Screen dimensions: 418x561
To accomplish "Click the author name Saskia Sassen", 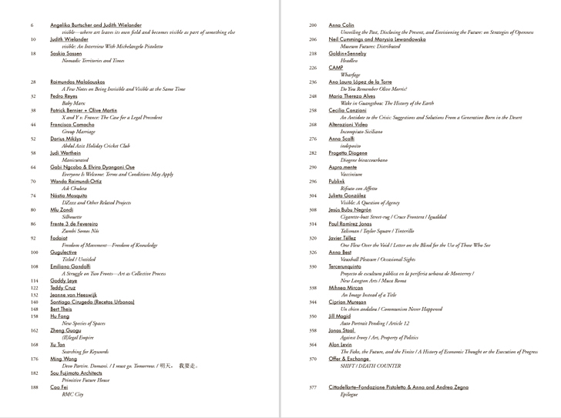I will coord(66,53).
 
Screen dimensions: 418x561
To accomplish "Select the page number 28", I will coord(33,82).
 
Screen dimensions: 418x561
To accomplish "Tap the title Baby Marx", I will coord(73,102).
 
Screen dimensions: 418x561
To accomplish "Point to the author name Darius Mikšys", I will coord(66,139).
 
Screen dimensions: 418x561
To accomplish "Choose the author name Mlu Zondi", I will coord(62,209).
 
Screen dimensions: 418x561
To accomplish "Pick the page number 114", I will coord(34,280).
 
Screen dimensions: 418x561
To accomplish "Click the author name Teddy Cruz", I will coord(62,287).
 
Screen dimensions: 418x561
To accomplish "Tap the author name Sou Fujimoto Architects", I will coord(76,373).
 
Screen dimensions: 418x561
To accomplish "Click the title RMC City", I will coord(72,394).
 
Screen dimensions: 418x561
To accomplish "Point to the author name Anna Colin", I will coord(341,25).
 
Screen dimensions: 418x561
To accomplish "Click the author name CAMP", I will coord(336,68).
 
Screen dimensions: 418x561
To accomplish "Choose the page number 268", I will coord(313,124).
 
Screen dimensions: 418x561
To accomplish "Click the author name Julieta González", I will coord(348,195).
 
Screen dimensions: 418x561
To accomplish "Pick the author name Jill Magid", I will coord(340,316).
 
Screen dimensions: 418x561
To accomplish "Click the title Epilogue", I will coord(350,394).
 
